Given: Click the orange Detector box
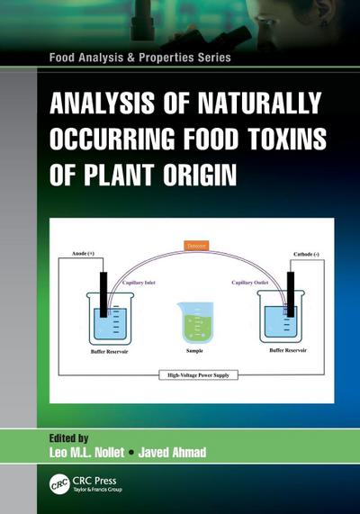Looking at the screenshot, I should [x=195, y=244].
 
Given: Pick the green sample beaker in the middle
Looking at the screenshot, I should [x=195, y=320].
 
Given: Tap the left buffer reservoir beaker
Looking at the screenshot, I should [x=106, y=319].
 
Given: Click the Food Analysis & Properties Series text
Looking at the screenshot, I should [x=134, y=58].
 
